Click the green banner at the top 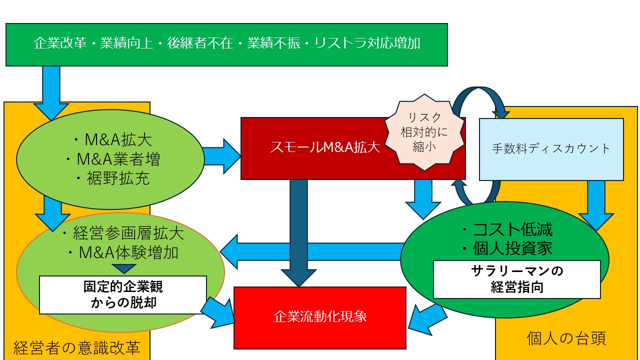[226, 44]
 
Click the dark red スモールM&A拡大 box [310, 148]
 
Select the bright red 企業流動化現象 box [320, 317]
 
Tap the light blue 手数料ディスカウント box [551, 149]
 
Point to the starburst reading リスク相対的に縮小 [424, 132]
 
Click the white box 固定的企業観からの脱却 [122, 295]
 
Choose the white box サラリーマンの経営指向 [516, 279]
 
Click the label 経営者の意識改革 [76, 348]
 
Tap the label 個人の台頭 [566, 338]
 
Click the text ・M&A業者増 [112, 159]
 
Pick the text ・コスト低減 [506, 229]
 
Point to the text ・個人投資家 [506, 248]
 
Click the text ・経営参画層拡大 [121, 233]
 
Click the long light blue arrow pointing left [310, 251]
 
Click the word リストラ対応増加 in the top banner [366, 43]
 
